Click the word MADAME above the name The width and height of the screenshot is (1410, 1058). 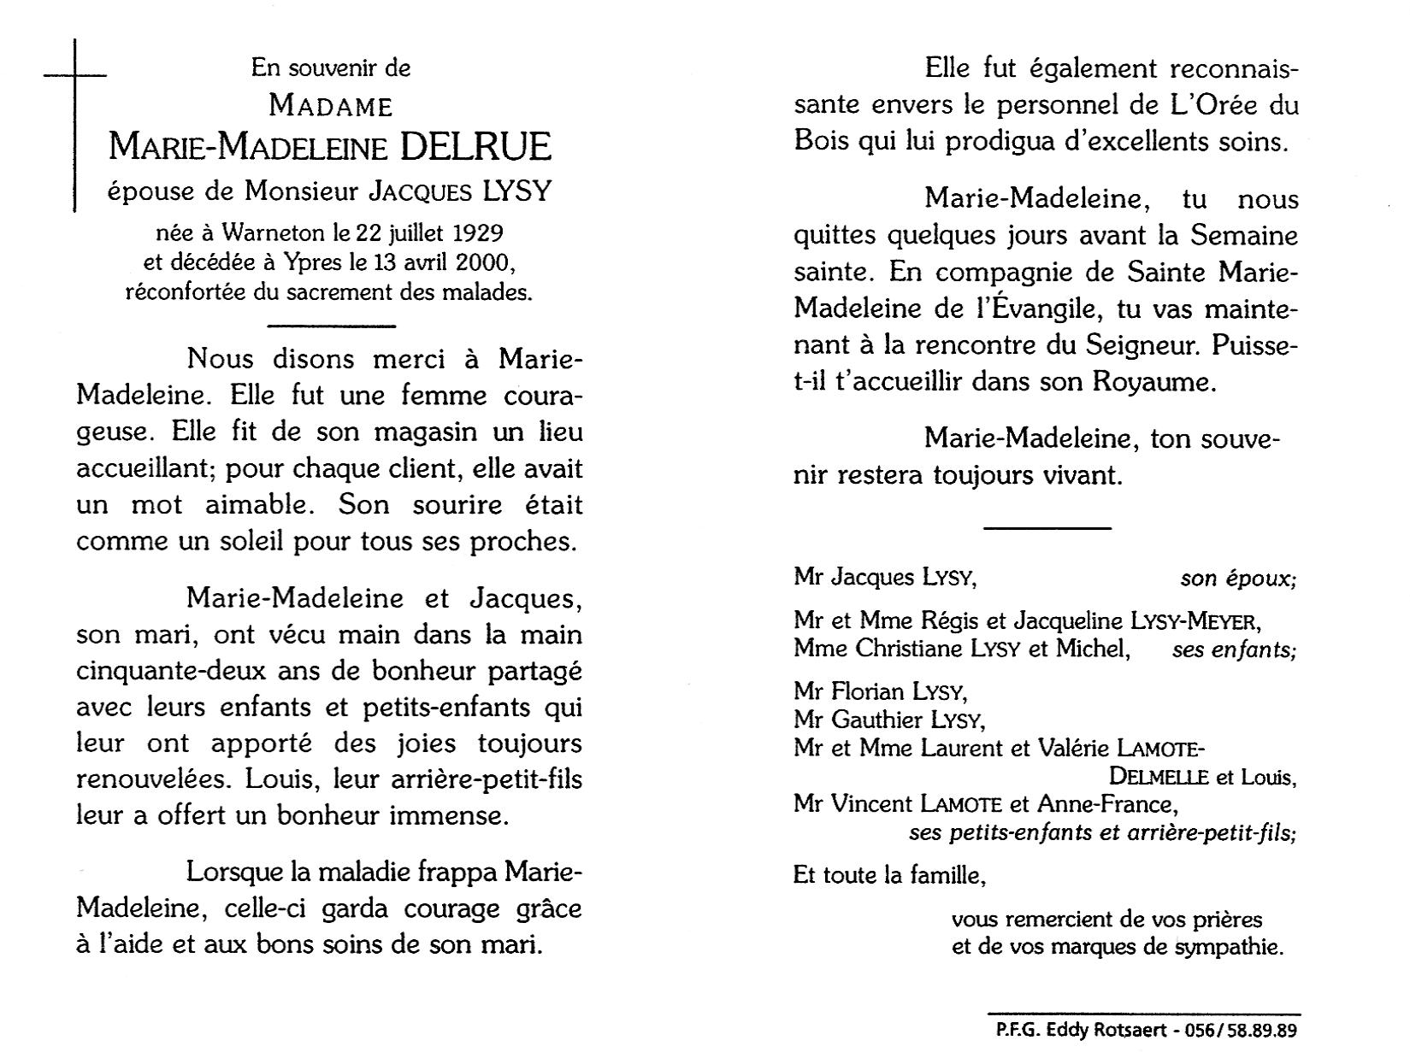[330, 106]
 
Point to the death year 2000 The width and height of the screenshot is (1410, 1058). [479, 262]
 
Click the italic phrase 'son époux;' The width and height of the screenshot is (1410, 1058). [1238, 579]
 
